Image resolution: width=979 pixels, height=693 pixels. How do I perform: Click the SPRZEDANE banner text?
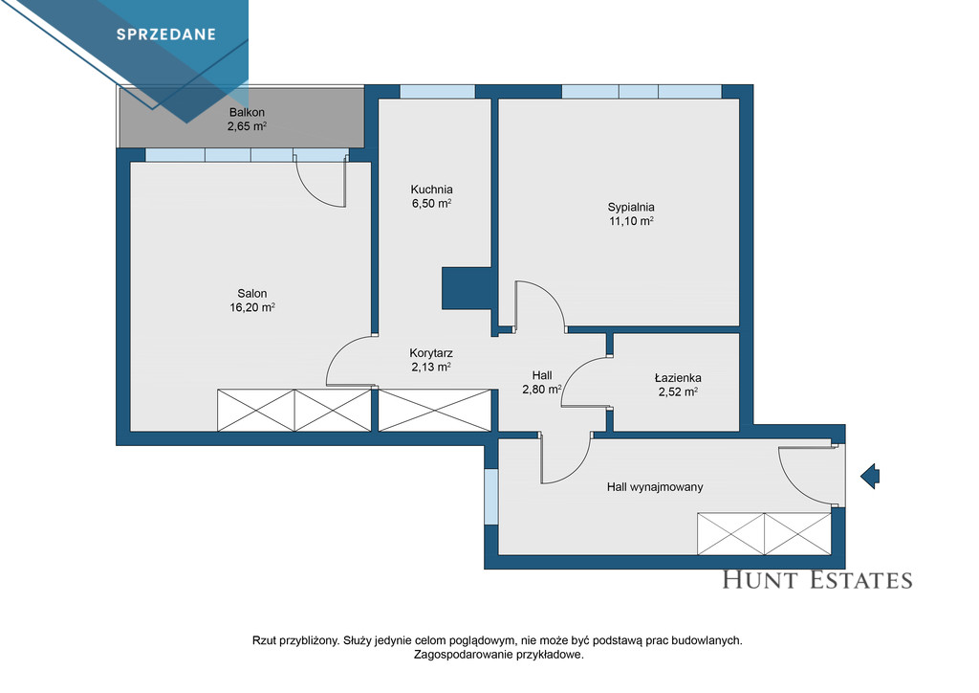coord(166,34)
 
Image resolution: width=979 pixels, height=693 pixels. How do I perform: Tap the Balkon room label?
coord(247,113)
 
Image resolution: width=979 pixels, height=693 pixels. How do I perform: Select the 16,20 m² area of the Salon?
coord(252,307)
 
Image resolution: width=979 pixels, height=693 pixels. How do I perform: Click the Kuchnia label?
coord(431,190)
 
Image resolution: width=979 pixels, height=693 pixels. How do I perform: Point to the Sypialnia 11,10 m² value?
coord(631,220)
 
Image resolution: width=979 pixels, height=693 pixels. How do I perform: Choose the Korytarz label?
coord(431,353)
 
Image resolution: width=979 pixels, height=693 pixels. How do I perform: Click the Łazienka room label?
coord(678,377)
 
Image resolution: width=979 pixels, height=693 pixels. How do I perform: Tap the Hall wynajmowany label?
coord(655,487)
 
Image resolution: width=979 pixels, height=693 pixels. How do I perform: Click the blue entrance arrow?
coord(870,476)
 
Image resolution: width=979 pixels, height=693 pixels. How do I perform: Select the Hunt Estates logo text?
coord(817,580)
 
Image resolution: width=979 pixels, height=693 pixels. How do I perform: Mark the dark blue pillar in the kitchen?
coord(467,288)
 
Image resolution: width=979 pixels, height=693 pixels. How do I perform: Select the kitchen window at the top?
coord(438,92)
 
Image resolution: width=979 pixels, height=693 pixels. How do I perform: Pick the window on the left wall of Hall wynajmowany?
coord(491,497)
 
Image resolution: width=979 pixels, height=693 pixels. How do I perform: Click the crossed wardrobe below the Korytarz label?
coord(435,410)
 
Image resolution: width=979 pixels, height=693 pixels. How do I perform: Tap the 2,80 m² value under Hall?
coord(542,390)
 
